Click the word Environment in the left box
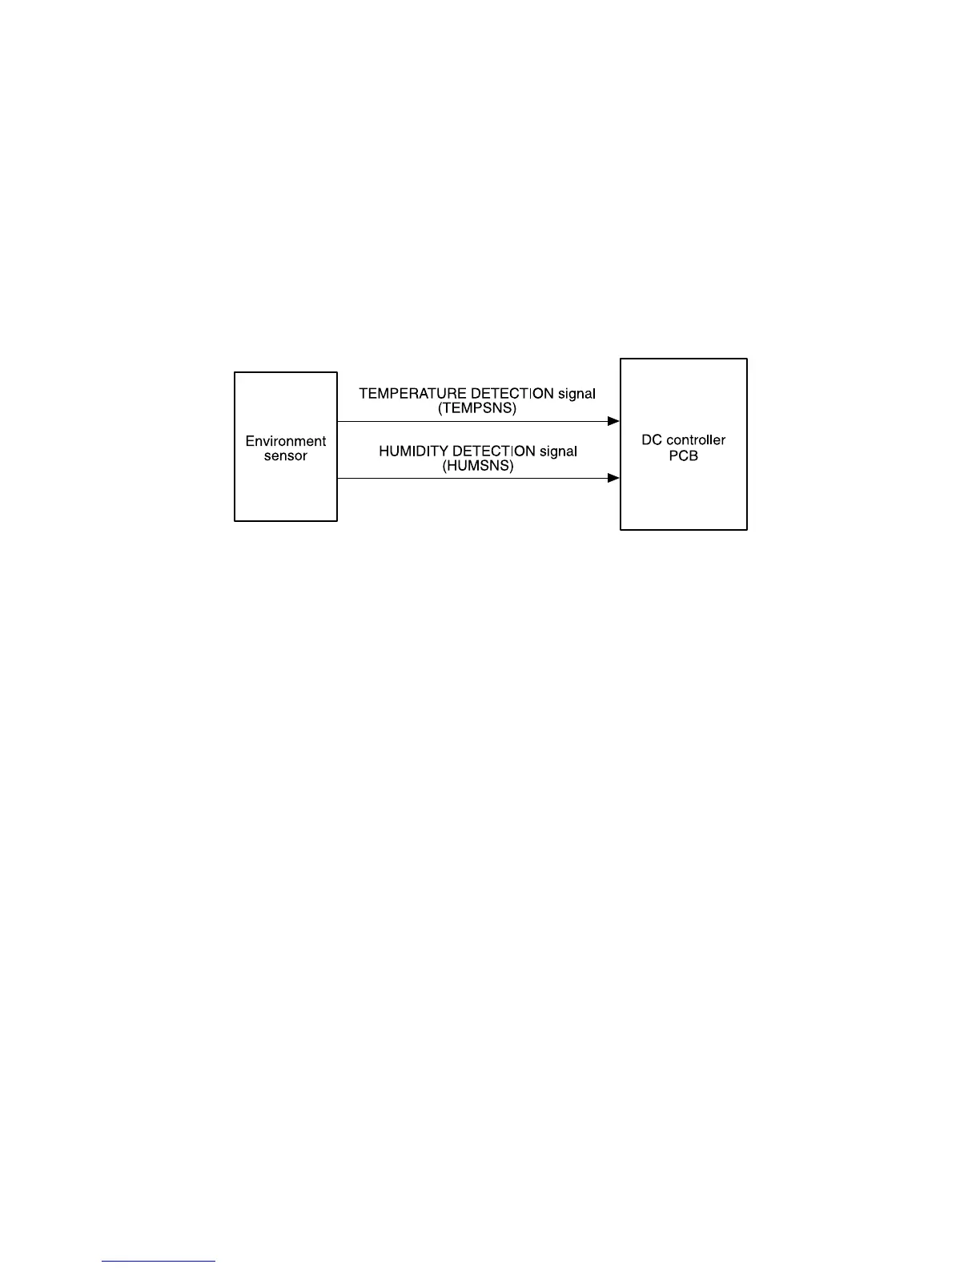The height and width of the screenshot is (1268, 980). click(x=285, y=441)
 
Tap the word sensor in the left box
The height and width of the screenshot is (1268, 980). click(x=285, y=456)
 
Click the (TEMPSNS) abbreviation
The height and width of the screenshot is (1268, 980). click(x=477, y=408)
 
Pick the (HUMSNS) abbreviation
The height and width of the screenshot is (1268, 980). click(x=478, y=466)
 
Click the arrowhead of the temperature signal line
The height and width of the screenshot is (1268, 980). click(x=614, y=421)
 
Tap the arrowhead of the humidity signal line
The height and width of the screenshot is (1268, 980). click(x=614, y=479)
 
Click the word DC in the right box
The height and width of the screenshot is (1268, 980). click(x=651, y=440)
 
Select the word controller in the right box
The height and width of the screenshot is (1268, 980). click(x=695, y=440)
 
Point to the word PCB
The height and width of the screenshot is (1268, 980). click(x=683, y=455)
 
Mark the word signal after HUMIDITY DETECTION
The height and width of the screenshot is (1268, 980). click(x=558, y=451)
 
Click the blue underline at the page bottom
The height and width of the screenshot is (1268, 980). click(x=159, y=1262)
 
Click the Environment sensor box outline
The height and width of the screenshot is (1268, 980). click(x=235, y=480)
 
